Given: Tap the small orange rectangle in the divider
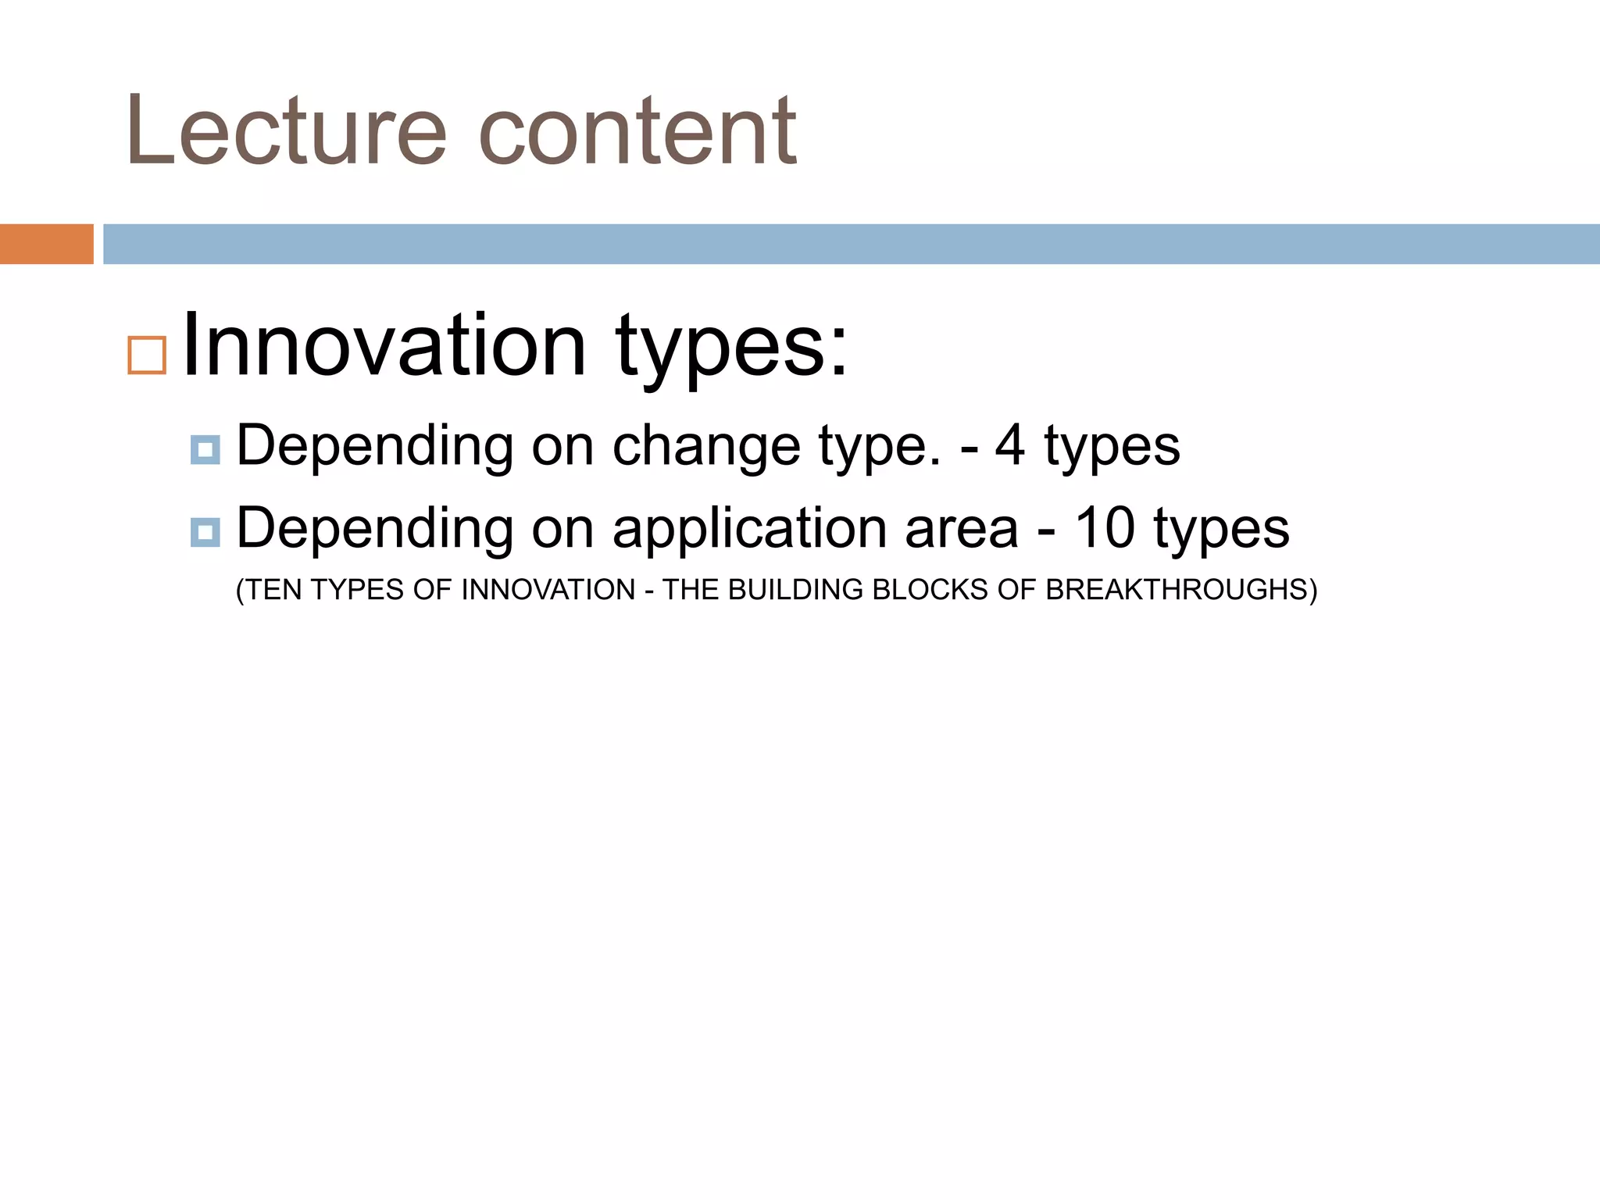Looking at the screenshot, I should (x=46, y=244).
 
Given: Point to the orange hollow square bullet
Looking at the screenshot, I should (x=147, y=355).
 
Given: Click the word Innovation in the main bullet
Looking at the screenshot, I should (x=384, y=345).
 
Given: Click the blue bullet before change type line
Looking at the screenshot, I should (x=205, y=450).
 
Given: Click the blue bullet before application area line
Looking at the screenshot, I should (x=205, y=533).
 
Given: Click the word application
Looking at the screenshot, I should (x=749, y=530).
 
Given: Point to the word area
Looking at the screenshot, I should (x=961, y=530).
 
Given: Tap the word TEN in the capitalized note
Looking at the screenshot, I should (x=273, y=590).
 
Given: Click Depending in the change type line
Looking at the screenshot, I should (x=375, y=447).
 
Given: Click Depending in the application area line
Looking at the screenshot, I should (x=375, y=530).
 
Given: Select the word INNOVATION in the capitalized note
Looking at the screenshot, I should (x=548, y=590).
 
